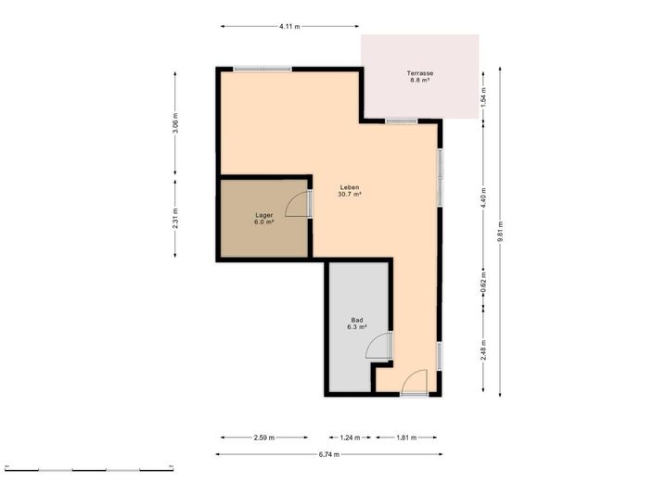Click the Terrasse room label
click(x=420, y=73)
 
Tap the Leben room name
click(x=349, y=185)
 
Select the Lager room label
click(x=264, y=214)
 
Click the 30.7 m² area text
click(x=349, y=195)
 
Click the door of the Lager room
click(x=299, y=204)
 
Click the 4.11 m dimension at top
click(x=289, y=27)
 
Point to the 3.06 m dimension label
click(x=175, y=122)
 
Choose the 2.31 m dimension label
click(x=175, y=220)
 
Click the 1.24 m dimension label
click(x=350, y=437)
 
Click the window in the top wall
click(x=262, y=69)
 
